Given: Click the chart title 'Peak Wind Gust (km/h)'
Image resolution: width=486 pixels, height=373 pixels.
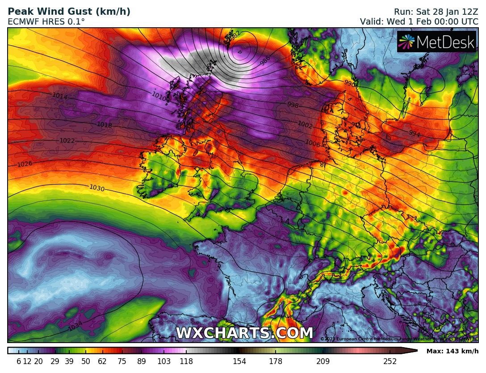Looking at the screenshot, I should coord(69,12).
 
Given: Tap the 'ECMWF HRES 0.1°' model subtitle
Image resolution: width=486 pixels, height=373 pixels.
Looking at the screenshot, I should coord(46,21).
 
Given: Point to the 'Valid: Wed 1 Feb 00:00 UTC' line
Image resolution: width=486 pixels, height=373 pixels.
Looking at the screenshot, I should coord(419,21).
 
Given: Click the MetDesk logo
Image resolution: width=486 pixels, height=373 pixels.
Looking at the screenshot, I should coord(437,42).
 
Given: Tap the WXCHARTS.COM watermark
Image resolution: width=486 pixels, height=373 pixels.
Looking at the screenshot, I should coord(244,333).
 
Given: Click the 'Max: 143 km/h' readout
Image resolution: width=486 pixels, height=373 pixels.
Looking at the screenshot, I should coord(452,351).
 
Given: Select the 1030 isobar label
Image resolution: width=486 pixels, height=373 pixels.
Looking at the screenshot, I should coord(97,188).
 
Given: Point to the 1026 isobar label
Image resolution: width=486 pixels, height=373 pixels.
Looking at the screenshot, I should coord(25,164).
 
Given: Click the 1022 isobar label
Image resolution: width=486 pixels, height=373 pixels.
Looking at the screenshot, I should coord(67,141).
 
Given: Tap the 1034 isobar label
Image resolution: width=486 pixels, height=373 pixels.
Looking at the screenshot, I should coord(75,327).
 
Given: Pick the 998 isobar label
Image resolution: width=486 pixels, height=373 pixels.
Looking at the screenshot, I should coord(293,105).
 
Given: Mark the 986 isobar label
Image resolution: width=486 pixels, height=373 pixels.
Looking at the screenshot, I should coord(265,62).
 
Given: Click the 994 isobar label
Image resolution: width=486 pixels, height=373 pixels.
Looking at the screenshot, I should coord(414,134).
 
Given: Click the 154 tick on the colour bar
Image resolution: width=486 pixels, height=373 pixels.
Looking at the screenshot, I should coord(239,361).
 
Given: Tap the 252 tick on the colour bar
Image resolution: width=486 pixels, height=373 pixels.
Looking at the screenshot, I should coord(390,361).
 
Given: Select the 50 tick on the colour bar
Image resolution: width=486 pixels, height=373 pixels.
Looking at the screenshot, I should coord(86,361).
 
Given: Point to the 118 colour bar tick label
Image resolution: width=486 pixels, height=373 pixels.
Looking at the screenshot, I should coord(186,361).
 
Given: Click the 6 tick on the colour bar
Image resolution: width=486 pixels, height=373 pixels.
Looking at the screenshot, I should coord(19,361).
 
